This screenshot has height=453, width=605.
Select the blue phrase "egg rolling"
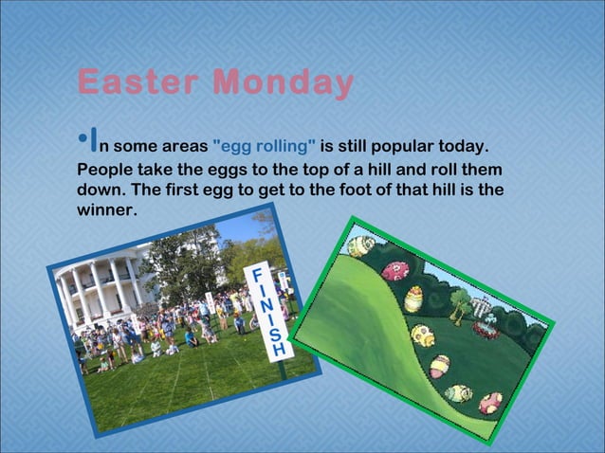pos(266,147)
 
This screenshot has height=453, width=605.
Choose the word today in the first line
pos(464,147)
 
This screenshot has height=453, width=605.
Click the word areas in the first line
pos(184,147)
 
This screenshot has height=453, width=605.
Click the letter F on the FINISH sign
pos(253,275)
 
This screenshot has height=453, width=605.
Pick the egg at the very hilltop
pos(360,245)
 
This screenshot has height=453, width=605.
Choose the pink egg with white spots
pos(394,270)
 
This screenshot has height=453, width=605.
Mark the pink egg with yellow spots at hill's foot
pos(490,403)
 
